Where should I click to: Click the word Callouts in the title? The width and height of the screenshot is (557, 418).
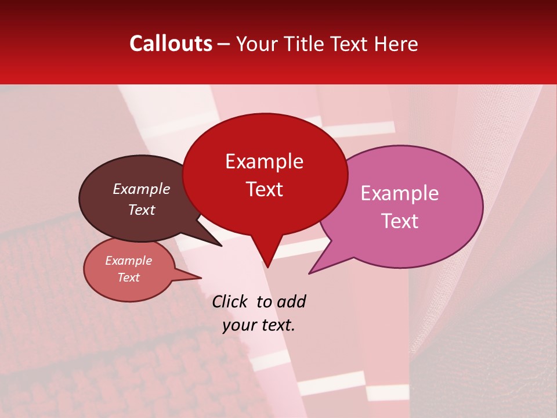171,44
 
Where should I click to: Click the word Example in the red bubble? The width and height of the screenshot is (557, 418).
264,161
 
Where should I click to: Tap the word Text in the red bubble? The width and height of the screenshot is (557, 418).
264,189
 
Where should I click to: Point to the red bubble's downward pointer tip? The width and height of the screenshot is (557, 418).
267,266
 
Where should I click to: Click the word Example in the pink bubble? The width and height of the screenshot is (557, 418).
399,193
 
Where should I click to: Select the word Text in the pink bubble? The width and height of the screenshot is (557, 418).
400,221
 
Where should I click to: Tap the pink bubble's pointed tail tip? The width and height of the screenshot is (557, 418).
310,273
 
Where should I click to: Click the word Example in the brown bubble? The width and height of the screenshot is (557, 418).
141,189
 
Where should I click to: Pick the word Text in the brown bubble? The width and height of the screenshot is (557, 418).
141,210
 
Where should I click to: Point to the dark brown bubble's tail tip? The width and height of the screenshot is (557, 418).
221,246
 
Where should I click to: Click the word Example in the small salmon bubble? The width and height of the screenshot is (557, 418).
128,261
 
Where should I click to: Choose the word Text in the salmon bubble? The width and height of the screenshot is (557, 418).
128,278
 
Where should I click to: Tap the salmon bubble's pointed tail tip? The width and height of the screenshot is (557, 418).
201,278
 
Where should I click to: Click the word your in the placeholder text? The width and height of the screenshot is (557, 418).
238,325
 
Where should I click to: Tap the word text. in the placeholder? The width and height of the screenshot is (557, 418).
277,325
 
